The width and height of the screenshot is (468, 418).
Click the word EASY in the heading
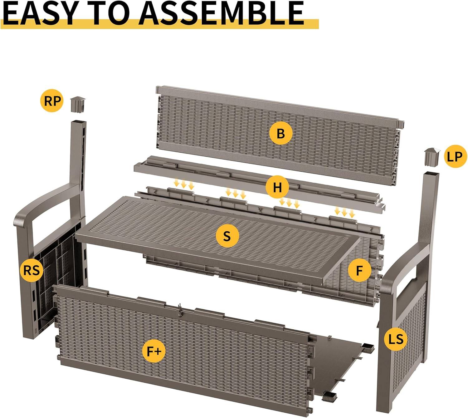coord(39,13)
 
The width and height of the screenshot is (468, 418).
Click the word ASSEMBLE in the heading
coord(222,13)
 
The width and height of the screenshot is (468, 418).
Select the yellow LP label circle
coord(454,156)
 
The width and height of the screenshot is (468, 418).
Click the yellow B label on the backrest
coord(281,133)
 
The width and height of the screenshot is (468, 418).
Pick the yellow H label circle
coord(277,188)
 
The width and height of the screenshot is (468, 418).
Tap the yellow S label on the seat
coord(227,236)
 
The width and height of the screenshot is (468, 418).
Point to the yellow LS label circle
coord(396,339)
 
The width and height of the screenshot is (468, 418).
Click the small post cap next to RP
coord(77,104)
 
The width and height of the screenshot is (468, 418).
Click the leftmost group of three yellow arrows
coord(184,184)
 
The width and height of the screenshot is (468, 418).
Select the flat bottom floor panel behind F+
coord(340,356)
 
